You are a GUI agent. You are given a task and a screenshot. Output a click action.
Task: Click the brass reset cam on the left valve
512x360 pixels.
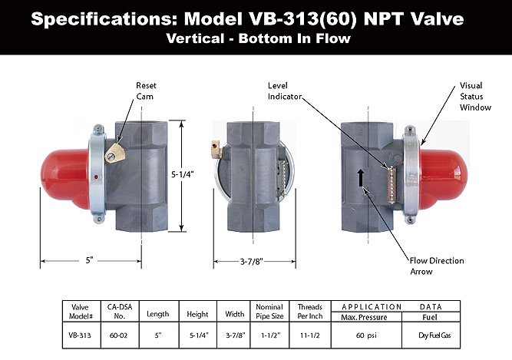pos(115,154)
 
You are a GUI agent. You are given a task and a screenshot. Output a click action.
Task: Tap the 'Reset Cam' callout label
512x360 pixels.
pos(146,91)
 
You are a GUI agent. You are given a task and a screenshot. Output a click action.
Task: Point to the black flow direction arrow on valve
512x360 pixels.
pos(361,177)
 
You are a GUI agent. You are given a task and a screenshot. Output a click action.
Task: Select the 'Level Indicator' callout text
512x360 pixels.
pos(284,91)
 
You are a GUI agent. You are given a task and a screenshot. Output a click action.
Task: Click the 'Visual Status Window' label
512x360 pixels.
pos(475,96)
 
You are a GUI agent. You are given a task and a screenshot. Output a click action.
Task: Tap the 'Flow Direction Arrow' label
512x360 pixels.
pos(437,266)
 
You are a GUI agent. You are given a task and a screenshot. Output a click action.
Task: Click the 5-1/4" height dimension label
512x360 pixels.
pos(183,174)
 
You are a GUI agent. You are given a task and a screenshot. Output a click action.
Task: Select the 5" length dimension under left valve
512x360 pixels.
pos(90,260)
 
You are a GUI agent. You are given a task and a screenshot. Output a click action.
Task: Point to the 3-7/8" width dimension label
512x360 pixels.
pos(252,262)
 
